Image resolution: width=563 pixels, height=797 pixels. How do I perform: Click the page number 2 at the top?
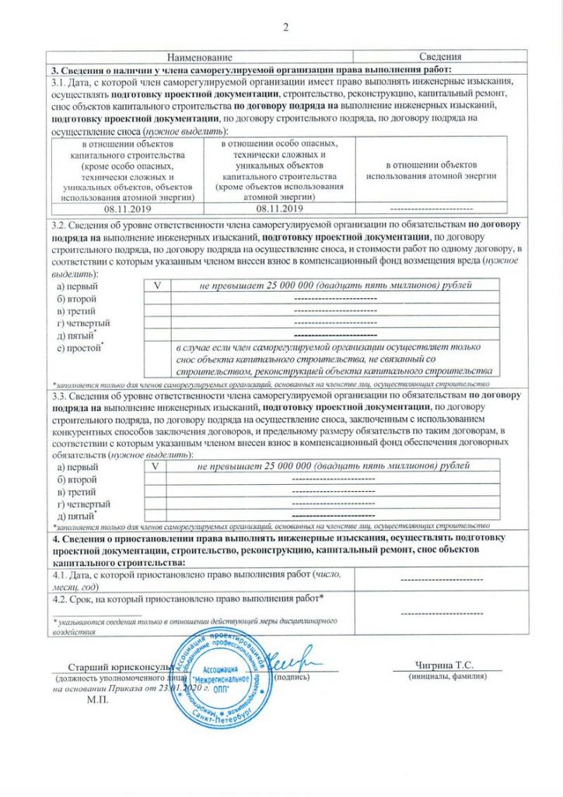pos(285,30)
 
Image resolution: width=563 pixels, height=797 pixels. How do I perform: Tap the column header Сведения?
pos(440,57)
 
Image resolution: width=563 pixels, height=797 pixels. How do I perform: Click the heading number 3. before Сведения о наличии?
pos(54,69)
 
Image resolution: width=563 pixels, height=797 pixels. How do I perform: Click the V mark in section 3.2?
pos(156,285)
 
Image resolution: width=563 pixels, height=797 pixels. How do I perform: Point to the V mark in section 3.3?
pos(156,465)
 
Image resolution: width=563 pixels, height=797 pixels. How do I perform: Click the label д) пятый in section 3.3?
pos(78,515)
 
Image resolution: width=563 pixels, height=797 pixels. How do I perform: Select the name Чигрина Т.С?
pos(445,665)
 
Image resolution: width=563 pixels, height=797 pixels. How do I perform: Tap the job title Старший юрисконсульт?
pos(114,667)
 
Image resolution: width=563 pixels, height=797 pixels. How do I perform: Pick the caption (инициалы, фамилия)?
pos(448,677)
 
